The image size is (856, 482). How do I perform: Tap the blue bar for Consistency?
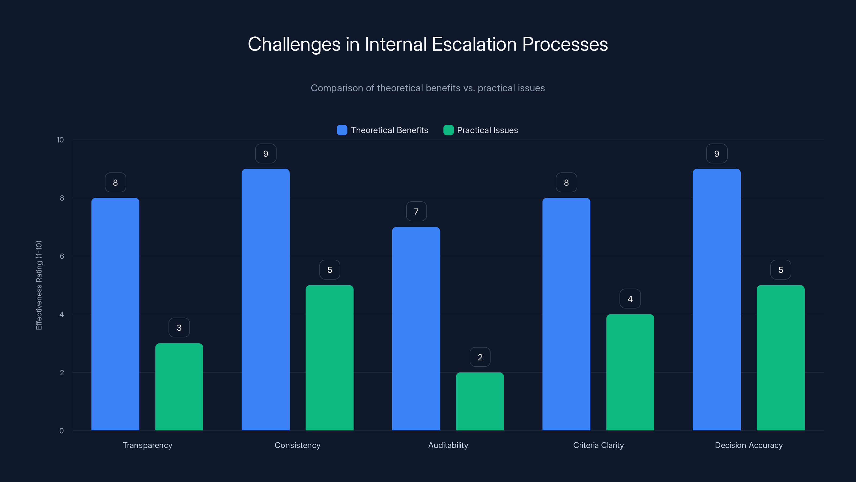click(x=266, y=299)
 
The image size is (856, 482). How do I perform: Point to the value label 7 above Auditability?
click(x=416, y=212)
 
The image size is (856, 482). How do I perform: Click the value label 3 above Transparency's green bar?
click(x=179, y=328)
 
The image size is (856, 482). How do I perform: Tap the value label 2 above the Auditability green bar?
click(x=480, y=357)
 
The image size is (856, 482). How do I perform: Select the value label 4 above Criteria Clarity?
click(x=630, y=299)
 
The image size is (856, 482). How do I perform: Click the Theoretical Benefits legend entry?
click(x=389, y=130)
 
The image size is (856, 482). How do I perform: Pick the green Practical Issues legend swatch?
click(x=448, y=130)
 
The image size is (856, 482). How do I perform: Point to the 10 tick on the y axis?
click(x=60, y=140)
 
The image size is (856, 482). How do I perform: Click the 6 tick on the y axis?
click(x=62, y=256)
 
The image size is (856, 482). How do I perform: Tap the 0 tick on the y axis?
click(x=62, y=431)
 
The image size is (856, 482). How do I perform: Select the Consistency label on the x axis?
click(x=297, y=445)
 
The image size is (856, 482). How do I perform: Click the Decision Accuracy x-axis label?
click(x=749, y=445)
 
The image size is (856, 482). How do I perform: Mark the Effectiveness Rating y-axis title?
click(x=39, y=285)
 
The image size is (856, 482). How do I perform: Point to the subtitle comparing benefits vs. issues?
click(x=428, y=88)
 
